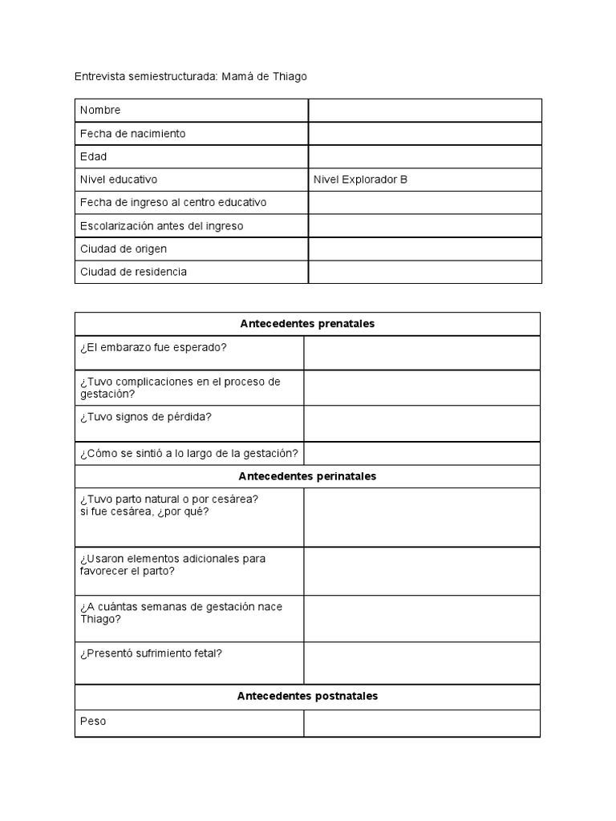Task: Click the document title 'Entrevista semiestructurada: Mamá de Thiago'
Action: click(190, 76)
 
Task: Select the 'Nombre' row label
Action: click(100, 110)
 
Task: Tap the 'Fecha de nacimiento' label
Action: click(132, 133)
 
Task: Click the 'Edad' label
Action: click(93, 156)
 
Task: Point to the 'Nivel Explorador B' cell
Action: click(360, 180)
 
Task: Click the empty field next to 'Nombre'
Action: click(424, 110)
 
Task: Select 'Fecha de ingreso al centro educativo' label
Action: click(173, 203)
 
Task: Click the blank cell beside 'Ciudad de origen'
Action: click(424, 249)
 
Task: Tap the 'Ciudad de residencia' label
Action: click(133, 272)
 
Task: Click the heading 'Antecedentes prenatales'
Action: click(307, 324)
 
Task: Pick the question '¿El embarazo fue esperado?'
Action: click(153, 347)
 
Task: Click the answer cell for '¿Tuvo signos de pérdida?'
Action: click(421, 423)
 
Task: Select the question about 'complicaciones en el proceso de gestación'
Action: click(180, 387)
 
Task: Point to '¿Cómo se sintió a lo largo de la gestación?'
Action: click(189, 454)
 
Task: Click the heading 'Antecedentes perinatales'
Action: click(307, 476)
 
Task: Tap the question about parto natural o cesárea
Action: click(168, 505)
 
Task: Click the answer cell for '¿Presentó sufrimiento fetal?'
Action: click(421, 662)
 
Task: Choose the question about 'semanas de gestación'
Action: click(180, 613)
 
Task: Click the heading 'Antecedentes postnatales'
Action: click(307, 696)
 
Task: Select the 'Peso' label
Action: click(93, 722)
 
